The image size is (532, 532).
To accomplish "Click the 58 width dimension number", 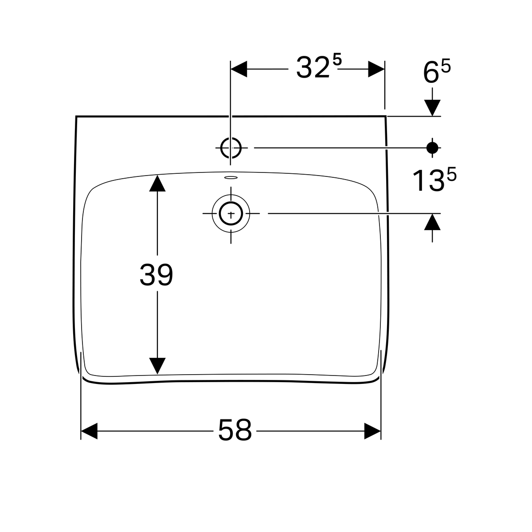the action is tap(235, 430).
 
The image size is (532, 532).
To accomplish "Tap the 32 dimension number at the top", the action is tap(313, 67).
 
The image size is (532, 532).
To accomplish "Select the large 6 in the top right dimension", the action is tap(431, 73).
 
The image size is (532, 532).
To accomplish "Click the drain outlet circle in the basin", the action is tap(231, 214).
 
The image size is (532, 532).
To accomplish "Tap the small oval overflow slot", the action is tap(231, 177).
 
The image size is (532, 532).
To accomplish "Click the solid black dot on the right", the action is tap(432, 148).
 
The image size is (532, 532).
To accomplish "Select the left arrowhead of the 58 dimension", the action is tap(89, 431).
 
